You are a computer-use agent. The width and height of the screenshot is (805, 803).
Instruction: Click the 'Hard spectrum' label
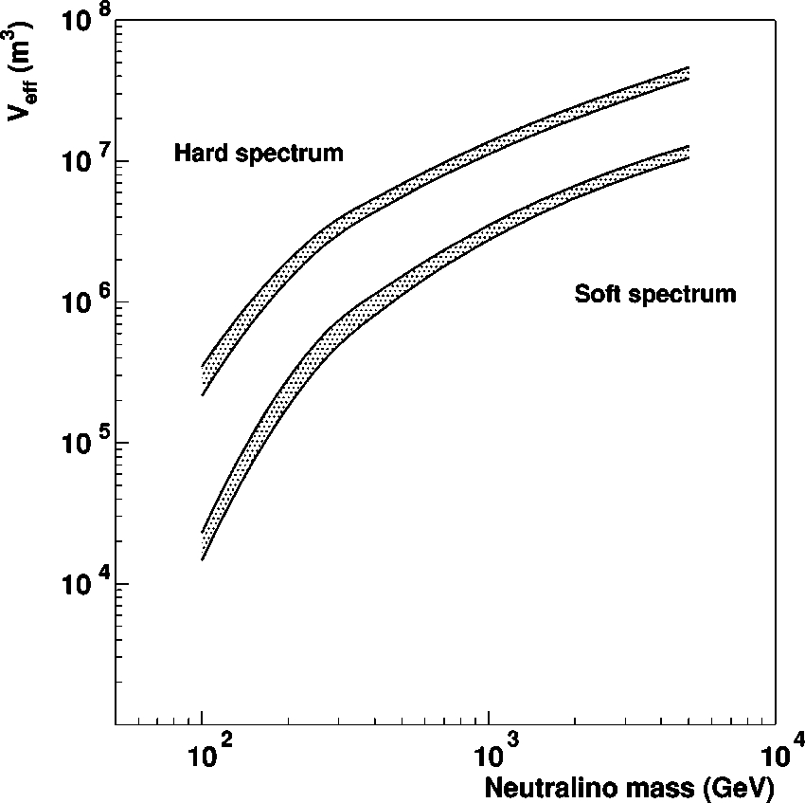[x=259, y=153]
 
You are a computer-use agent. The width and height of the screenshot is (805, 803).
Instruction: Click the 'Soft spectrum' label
[x=654, y=294]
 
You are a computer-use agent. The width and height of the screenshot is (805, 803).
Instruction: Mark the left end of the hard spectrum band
[x=203, y=380]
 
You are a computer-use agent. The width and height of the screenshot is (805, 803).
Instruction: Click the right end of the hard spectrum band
[x=688, y=73]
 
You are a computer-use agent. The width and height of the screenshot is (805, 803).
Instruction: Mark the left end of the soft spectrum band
[x=203, y=545]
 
